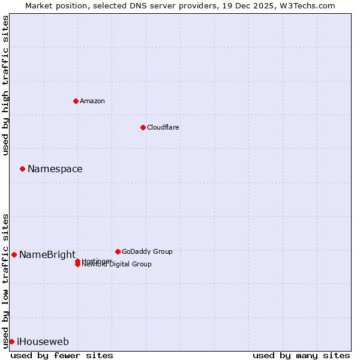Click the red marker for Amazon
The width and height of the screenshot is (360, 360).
[76, 101]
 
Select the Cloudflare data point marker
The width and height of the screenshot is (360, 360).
[143, 127]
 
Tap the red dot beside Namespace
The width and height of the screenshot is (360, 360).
[22, 169]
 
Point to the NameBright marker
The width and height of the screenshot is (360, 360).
[14, 254]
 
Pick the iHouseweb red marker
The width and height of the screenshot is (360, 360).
[11, 341]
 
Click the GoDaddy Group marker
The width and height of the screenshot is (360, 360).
[118, 251]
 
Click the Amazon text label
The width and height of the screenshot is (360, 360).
[92, 101]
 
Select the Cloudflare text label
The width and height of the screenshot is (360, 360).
[163, 127]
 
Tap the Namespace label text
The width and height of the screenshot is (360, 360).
[55, 169]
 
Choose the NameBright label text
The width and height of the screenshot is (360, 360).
[47, 254]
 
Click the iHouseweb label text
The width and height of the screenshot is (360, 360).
[43, 342]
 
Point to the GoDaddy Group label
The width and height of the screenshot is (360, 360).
[147, 251]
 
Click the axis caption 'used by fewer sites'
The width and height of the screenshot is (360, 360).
[62, 356]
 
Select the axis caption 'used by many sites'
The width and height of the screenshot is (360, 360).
[301, 356]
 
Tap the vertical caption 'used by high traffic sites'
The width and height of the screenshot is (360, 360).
[6, 85]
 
